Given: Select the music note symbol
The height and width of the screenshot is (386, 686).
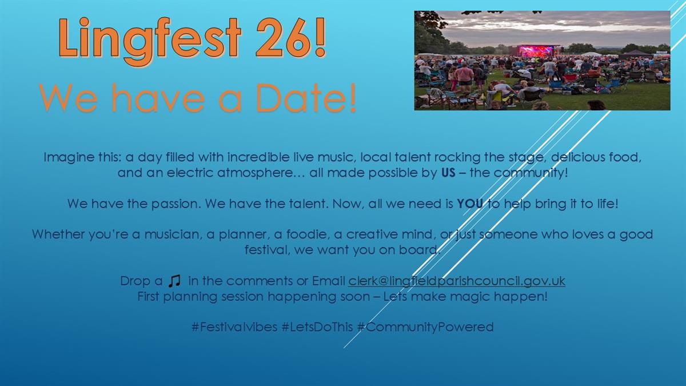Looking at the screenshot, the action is pos(174,281).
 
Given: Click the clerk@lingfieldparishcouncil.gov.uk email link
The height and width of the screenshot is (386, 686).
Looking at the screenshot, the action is pos(457,281).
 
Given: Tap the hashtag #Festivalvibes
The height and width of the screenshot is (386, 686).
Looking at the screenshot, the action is pos(234,327).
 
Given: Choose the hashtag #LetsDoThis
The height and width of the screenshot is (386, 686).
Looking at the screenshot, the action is pos(317,327).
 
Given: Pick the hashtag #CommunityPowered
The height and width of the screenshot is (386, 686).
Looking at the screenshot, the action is pos(425,327).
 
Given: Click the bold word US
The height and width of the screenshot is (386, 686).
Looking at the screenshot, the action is pos(448,173).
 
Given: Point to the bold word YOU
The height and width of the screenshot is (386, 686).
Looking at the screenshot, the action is pos(470,204).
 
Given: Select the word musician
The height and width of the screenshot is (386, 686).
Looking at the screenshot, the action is pos(172,234).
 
